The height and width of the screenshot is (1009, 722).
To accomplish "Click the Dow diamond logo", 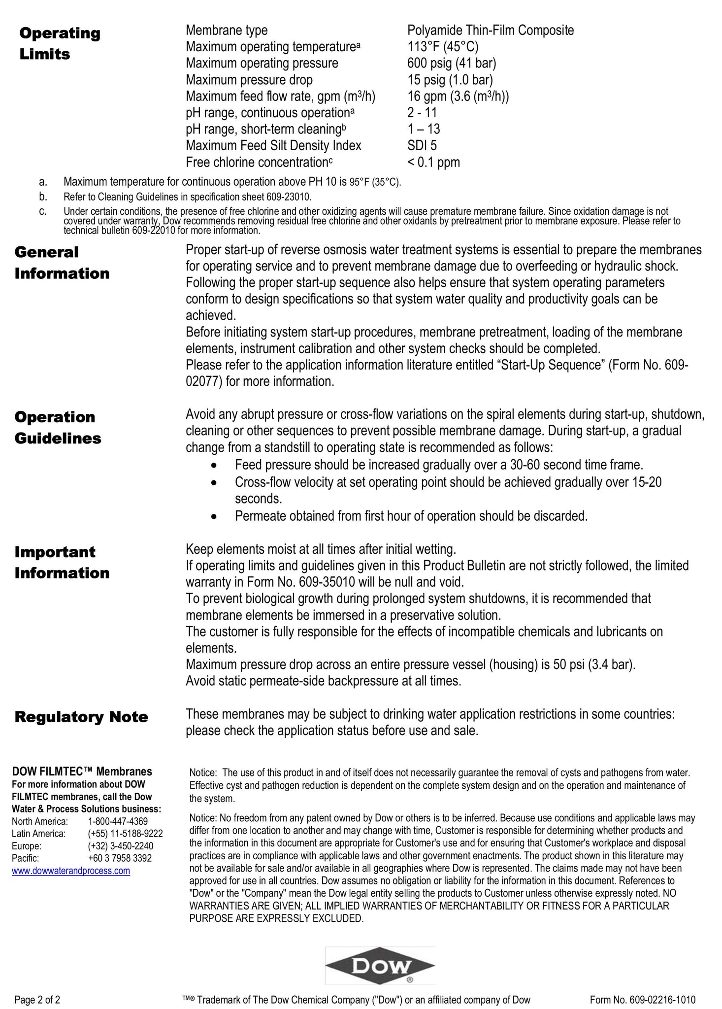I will pos(380,965).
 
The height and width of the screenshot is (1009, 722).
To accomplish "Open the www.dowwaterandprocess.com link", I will pos(71,871).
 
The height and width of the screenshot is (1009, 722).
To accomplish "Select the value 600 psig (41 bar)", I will pos(452,64).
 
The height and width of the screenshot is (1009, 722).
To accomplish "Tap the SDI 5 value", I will pos(422,146).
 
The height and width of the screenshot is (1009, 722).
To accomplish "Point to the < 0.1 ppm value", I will pos(434,162).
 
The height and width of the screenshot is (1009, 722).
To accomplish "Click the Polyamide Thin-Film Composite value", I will pos(491,31).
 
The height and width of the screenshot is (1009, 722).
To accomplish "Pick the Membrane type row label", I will pos(227,31).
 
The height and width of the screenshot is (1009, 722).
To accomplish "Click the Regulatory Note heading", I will pos(81,717).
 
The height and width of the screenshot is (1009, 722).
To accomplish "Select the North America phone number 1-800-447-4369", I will pos(118,821).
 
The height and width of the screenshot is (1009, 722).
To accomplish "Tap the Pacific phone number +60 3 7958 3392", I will pos(120,858).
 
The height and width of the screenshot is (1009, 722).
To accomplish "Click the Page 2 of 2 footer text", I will pos(37,1000).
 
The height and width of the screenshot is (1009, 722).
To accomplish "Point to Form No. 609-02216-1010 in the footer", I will pos(643,1000).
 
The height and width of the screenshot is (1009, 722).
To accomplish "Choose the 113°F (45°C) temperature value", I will pos(443,47).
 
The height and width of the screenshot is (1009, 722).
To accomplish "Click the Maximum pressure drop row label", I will pos(249,80).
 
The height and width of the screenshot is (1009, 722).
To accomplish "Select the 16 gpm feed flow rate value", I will pos(458,96).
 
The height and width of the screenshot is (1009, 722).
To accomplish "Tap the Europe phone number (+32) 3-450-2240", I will pos(121,846).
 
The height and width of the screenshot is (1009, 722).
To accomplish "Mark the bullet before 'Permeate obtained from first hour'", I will pos(213,516).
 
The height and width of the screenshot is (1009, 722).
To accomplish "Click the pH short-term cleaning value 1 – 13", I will pos(424,129).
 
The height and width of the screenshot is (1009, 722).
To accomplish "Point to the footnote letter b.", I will pos(43,197).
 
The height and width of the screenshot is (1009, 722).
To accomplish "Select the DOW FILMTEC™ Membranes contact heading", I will pos(82,772).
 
